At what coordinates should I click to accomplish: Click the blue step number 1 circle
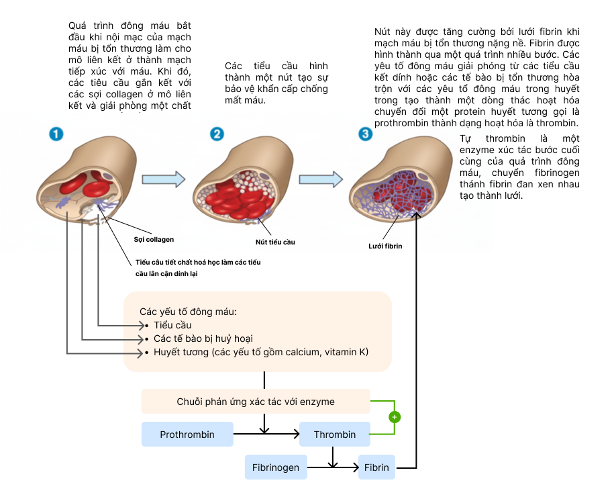click(56, 134)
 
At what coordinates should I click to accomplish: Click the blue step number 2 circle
click(217, 134)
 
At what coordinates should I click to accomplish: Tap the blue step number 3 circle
click(365, 134)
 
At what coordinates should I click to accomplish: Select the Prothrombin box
click(187, 435)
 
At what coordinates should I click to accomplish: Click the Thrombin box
click(335, 435)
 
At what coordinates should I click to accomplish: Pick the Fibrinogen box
click(276, 467)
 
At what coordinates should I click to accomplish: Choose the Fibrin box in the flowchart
click(376, 467)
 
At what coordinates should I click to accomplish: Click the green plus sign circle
click(395, 417)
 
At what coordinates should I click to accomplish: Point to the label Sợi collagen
click(154, 239)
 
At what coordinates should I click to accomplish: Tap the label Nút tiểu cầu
click(275, 242)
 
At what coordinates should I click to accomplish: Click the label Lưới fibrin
click(386, 246)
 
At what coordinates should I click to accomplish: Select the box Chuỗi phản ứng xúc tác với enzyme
click(256, 402)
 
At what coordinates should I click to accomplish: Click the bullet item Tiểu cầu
click(172, 325)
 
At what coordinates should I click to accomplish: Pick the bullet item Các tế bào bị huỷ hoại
click(203, 338)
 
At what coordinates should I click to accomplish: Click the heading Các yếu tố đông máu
click(189, 312)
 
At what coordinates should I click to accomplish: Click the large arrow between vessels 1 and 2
click(163, 179)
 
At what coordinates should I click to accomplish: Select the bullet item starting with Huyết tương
click(261, 352)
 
